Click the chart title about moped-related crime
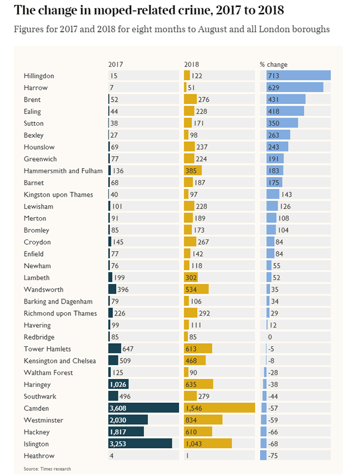(148, 10)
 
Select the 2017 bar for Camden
(143, 408)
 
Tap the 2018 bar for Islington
(207, 444)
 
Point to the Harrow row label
(35, 87)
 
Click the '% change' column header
(274, 65)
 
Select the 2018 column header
(191, 65)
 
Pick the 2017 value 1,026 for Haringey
(118, 384)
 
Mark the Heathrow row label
(39, 456)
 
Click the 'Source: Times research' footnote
(47, 469)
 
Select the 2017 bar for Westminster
(128, 420)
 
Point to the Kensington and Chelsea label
(60, 361)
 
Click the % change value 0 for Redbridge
(270, 337)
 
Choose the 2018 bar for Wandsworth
(196, 290)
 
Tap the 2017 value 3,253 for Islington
(118, 444)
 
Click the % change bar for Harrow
(291, 87)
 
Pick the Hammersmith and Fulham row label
(63, 171)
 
